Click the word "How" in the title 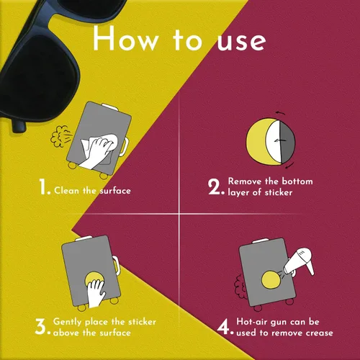(x=125, y=38)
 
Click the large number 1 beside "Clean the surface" (x=43, y=186)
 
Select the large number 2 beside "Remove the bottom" (x=214, y=186)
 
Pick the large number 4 (x=223, y=326)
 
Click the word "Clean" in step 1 (x=66, y=191)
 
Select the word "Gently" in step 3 (x=68, y=322)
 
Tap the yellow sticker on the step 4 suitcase (x=271, y=279)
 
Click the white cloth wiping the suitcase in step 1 (x=99, y=149)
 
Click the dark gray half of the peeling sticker (x=287, y=142)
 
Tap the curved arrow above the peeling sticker (x=280, y=113)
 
